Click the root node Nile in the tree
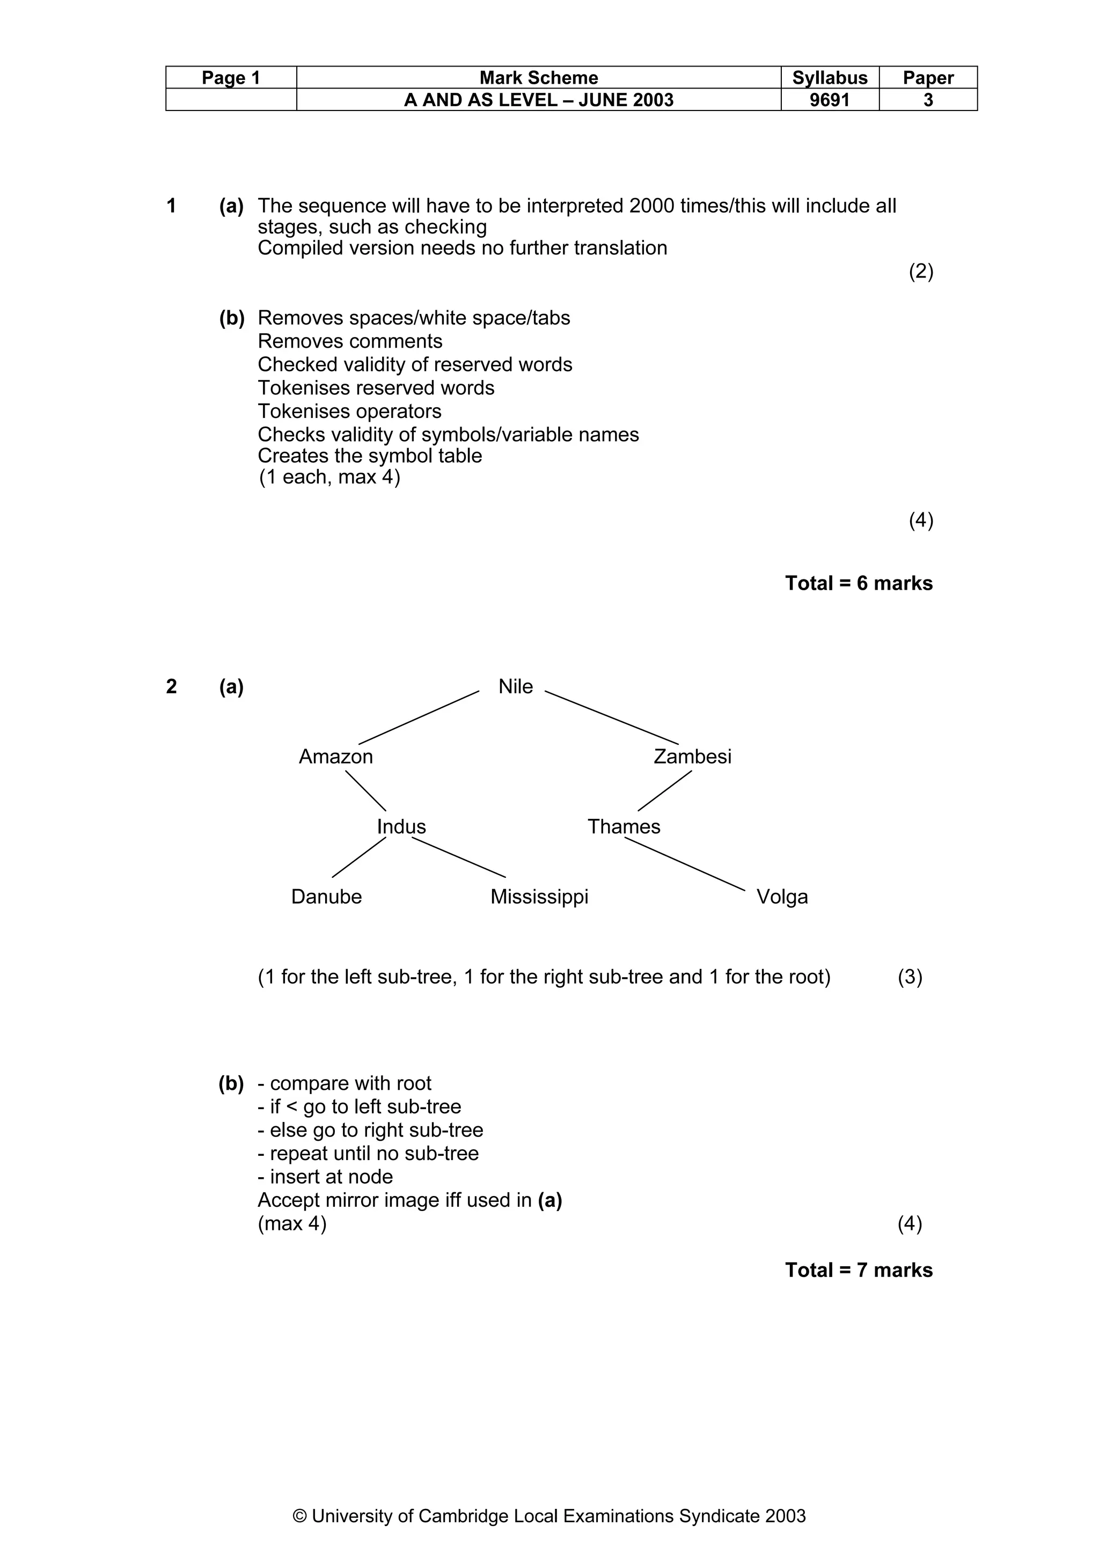pos(515,687)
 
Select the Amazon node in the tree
pos(336,757)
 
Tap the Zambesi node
pos(692,757)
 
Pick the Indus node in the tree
pos(401,827)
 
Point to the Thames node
pos(624,827)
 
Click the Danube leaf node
pos(326,897)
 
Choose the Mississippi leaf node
pos(539,897)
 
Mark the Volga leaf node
pos(782,897)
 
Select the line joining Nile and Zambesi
pos(611,717)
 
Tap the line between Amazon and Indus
pos(365,791)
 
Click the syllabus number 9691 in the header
pos(830,100)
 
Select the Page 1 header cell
pos(231,78)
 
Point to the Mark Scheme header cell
pos(538,78)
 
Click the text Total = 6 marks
pos(859,583)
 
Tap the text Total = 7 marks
pos(859,1270)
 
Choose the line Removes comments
pos(350,341)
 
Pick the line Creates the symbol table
pos(370,456)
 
